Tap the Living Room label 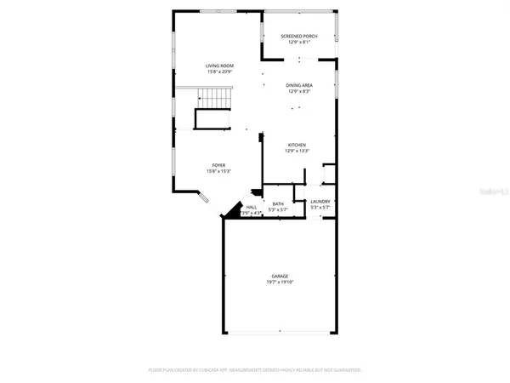(220, 66)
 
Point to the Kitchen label (297, 146)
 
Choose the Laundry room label (320, 202)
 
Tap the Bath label (278, 203)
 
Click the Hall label (252, 207)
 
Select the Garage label (280, 276)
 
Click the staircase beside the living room (213, 103)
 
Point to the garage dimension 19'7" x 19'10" (280, 282)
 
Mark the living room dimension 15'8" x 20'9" (220, 71)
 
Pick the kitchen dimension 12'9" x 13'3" (297, 151)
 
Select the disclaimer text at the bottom (255, 371)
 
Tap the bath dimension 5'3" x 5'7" (278, 209)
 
